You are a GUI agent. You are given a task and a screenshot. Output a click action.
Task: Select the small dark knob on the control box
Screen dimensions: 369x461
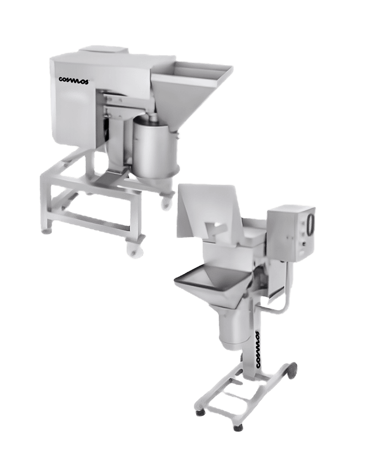pos(304,244)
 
